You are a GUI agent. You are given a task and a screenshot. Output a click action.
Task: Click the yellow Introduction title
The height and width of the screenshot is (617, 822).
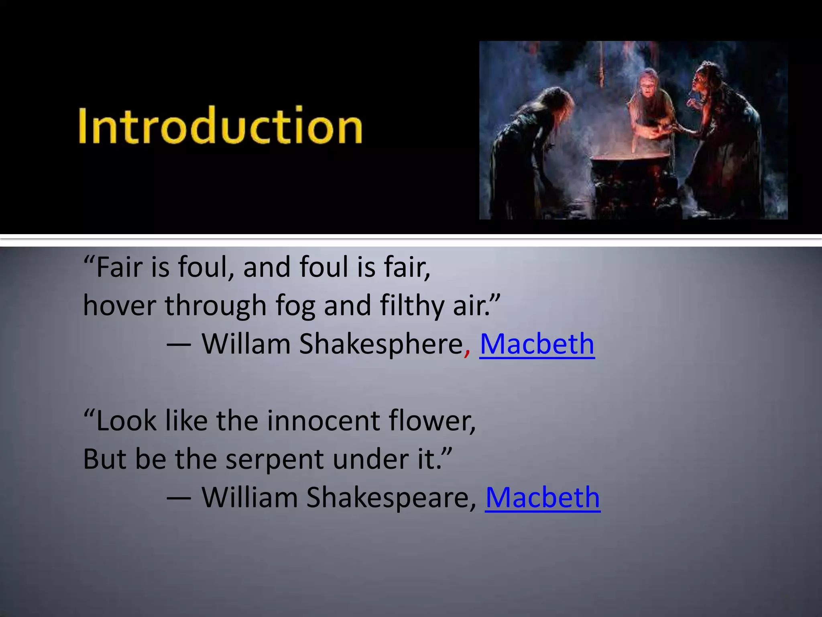point(220,126)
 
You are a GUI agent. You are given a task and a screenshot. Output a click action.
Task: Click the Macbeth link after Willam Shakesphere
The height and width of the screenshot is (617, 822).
point(537,344)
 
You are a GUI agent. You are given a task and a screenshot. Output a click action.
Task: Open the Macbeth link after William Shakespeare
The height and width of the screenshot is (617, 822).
point(543,498)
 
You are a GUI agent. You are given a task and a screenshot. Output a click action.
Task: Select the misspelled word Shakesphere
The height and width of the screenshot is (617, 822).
point(381,344)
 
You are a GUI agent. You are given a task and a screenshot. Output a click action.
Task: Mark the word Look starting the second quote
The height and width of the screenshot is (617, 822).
point(126,421)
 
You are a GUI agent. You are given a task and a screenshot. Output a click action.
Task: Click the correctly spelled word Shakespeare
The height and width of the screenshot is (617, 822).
point(387,498)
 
